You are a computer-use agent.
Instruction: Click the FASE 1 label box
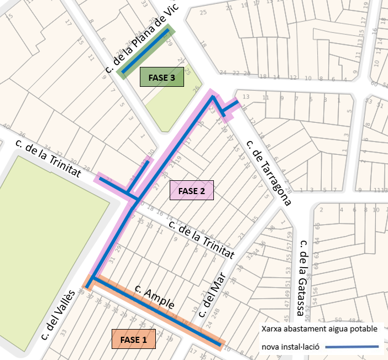[x=134, y=340]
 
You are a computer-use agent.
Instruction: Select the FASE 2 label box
[x=191, y=191]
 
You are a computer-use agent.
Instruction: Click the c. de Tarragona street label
[x=268, y=173]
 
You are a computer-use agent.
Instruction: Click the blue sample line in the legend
[x=352, y=347]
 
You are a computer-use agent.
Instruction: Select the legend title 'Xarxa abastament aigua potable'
[x=319, y=328]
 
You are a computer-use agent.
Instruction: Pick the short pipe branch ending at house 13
[x=231, y=106]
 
